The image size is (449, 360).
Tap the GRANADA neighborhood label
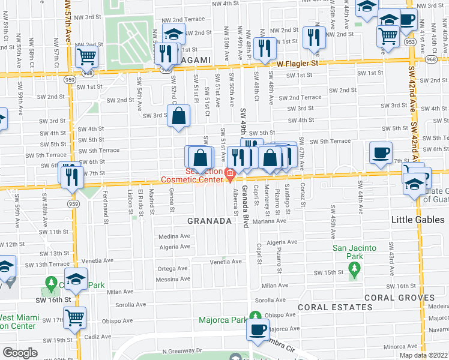click(209, 221)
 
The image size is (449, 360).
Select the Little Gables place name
click(418, 220)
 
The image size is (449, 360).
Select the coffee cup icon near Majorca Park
click(259, 329)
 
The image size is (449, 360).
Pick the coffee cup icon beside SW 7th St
click(380, 153)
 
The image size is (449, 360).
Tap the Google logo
click(20, 353)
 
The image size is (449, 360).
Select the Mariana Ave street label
click(268, 221)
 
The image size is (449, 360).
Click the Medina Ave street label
click(173, 236)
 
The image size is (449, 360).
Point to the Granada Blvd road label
click(245, 207)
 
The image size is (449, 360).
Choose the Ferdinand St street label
click(104, 202)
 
